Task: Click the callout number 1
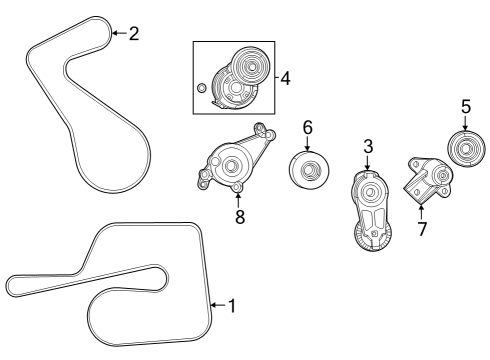pos(232,305)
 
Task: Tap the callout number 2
pos(133,33)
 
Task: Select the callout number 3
pos(368,147)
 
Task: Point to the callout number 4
pos(285,77)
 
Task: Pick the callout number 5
pos(465,106)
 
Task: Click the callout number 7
pos(421,229)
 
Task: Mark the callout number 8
pos(240,217)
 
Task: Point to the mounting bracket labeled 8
pos(232,164)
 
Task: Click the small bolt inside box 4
pos(202,89)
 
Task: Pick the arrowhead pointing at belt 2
pos(112,33)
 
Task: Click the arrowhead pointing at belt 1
pos(212,305)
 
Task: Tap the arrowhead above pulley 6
pos(307,147)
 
